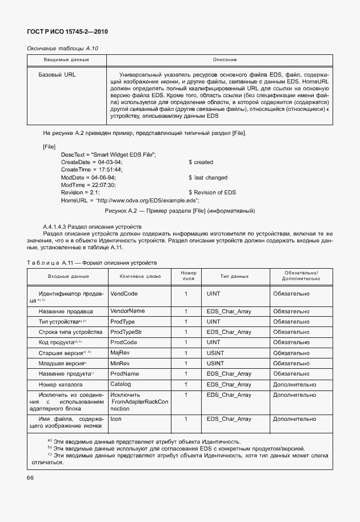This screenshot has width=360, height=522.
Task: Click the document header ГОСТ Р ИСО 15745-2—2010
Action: tap(67, 33)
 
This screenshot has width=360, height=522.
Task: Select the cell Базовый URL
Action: tap(57, 75)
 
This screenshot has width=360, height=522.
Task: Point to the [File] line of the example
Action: tap(49, 146)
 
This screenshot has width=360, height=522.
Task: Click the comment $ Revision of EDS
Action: tap(212, 193)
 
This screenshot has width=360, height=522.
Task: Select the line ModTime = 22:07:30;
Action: tap(89, 185)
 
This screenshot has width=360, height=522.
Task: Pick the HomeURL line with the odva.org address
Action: tap(130, 200)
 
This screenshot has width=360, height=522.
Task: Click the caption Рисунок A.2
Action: tap(176, 211)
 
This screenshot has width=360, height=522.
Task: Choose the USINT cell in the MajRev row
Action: tap(215, 353)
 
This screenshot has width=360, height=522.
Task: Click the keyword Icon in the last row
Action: tap(116, 419)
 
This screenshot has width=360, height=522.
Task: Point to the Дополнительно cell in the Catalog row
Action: tap(294, 384)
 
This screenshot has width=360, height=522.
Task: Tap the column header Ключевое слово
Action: tap(140, 276)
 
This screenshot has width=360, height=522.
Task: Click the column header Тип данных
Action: tap(234, 276)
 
